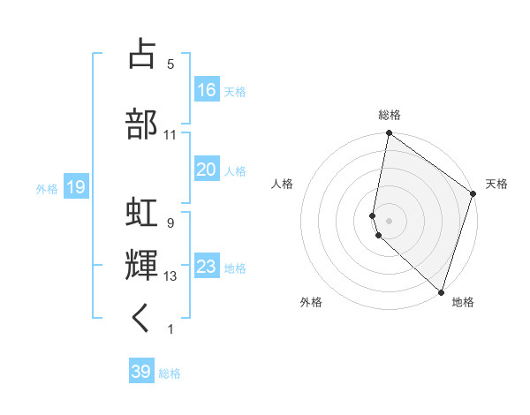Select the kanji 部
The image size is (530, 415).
142,123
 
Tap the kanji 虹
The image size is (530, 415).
142,213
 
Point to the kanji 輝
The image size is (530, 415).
142,265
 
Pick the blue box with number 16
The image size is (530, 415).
207,89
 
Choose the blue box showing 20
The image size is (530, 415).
207,170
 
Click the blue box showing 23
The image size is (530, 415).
207,266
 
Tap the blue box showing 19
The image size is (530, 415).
76,186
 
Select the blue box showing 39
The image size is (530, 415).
141,372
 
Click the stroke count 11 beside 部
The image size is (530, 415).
170,135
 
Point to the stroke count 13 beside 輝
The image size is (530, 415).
170,276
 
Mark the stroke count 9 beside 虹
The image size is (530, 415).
170,223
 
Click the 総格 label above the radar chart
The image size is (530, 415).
390,115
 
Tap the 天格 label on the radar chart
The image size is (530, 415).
496,184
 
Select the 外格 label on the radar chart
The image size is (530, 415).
311,302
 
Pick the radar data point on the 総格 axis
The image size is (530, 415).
389,134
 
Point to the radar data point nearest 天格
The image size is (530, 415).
473,194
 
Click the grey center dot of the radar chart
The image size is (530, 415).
389,220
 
